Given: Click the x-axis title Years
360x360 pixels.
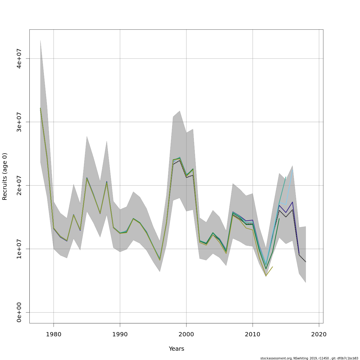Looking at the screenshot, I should pos(176,349).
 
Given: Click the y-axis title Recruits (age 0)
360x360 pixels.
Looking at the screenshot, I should pos(5,176).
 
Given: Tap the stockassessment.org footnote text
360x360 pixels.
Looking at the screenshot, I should pos(309,358).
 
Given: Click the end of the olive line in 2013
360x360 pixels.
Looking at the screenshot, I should pos(272,267).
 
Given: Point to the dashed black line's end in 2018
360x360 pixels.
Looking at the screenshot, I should pos(306,262).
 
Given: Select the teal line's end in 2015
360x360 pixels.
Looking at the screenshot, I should pos(286,177).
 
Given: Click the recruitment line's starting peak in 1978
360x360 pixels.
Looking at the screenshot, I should pos(40,108).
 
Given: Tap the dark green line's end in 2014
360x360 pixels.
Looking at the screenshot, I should pos(279,218).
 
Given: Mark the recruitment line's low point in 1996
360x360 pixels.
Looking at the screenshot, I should pos(160,260).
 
